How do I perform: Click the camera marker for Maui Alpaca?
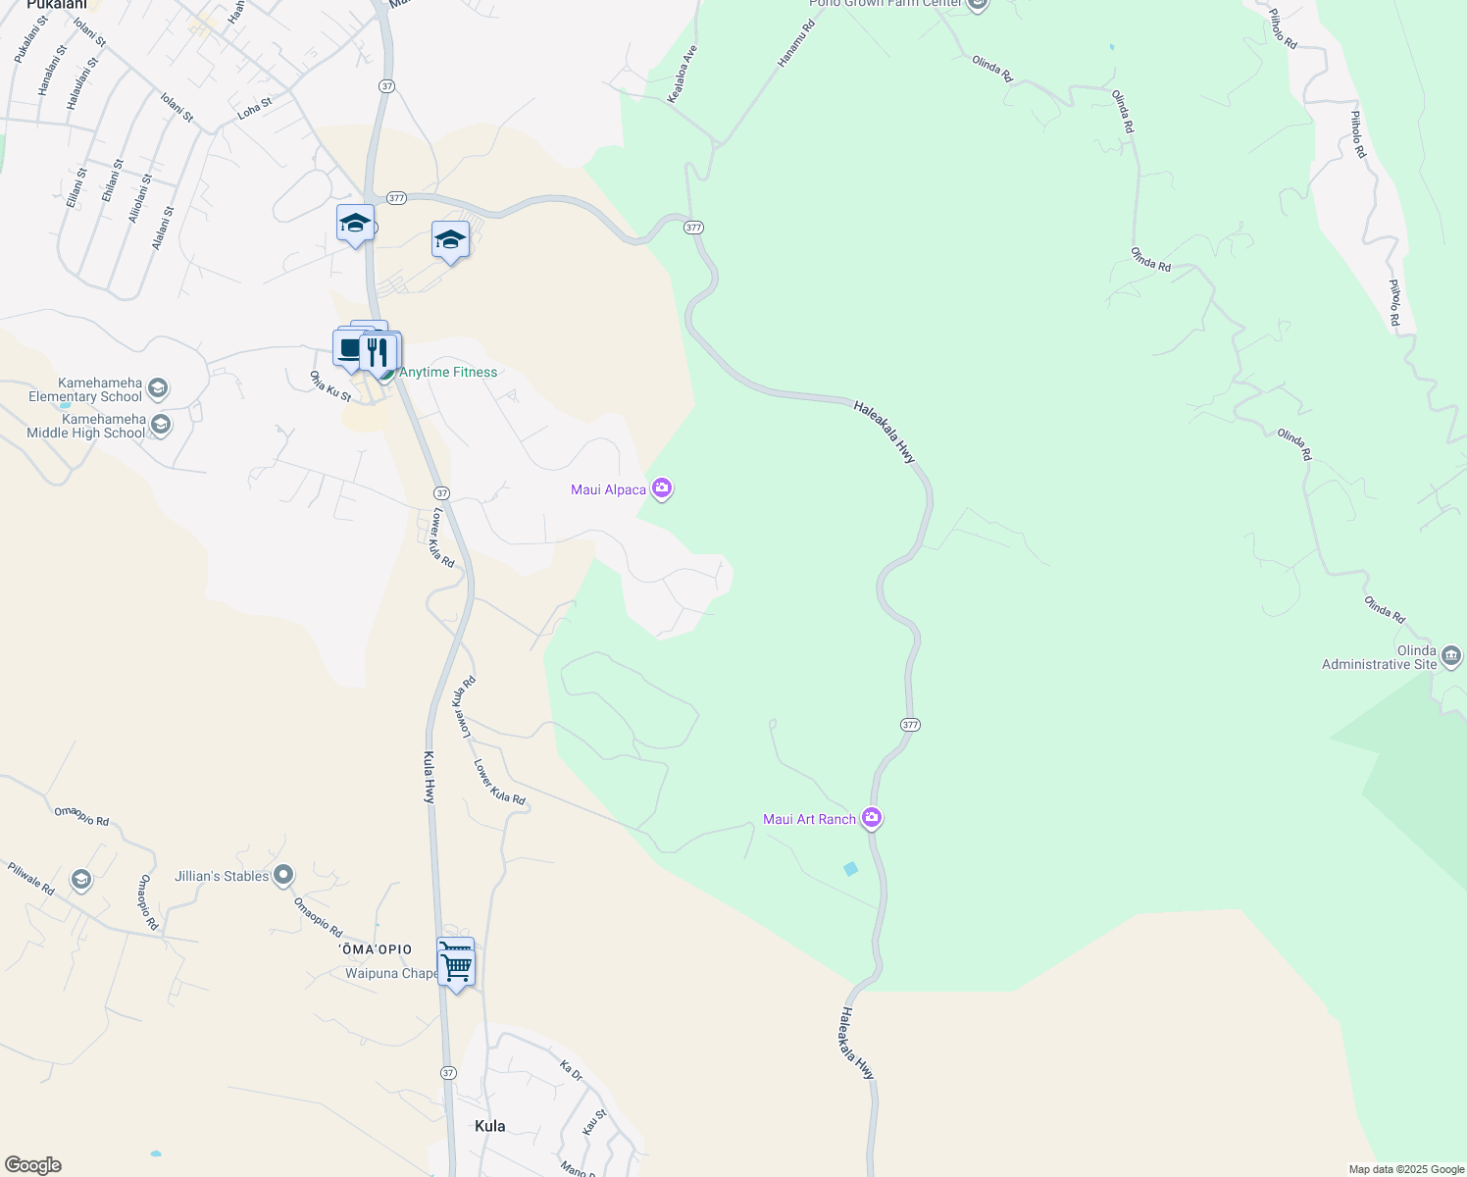[662, 487]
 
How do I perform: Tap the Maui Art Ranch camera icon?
[872, 817]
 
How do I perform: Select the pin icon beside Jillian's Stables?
[283, 874]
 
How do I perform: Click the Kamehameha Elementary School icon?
[159, 388]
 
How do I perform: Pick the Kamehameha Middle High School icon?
[161, 425]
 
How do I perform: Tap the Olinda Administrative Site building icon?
[1451, 655]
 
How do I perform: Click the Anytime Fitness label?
[448, 373]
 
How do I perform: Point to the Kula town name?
[489, 1126]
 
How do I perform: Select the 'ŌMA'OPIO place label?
[376, 949]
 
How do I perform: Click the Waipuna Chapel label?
[391, 973]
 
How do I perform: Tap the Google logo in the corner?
[33, 1165]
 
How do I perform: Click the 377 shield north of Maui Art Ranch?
[910, 725]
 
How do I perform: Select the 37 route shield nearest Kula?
[448, 1073]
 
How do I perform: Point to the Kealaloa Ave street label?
[682, 74]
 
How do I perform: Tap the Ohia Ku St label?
[330, 386]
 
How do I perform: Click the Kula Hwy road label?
[430, 778]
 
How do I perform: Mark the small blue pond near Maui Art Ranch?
[850, 868]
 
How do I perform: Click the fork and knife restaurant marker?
[378, 352]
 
